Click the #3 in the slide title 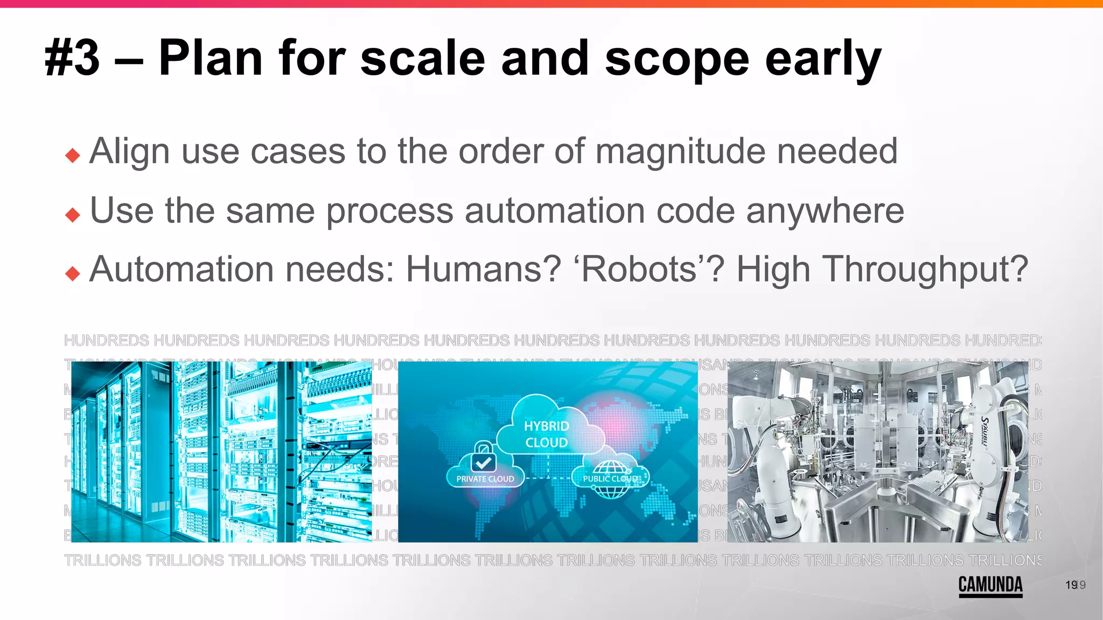click(73, 58)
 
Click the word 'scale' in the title click(423, 58)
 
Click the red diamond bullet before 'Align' click(73, 156)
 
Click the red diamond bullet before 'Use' click(73, 215)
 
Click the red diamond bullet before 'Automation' click(73, 274)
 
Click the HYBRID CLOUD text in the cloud click(547, 434)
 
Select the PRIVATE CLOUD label click(485, 479)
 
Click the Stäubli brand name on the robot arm click(984, 431)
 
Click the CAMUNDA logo click(990, 585)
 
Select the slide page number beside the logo click(1075, 585)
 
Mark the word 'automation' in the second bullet click(555, 211)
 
